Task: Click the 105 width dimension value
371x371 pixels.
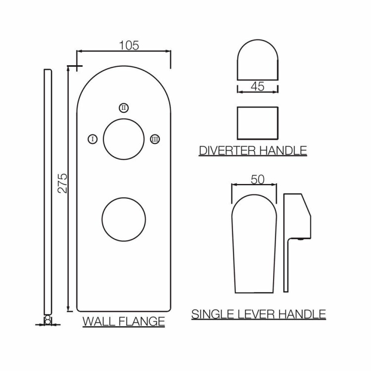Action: [129, 46]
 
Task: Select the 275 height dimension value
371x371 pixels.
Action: [63, 184]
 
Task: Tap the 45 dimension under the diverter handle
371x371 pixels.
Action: [258, 87]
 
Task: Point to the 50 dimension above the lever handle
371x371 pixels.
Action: [257, 180]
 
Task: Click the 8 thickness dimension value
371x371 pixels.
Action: [48, 321]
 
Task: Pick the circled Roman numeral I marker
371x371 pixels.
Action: [93, 139]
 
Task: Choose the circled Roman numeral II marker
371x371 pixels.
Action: [124, 108]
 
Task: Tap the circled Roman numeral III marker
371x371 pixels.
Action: [155, 139]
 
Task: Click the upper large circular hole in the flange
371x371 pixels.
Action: [103, 139]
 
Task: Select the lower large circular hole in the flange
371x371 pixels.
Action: [102, 219]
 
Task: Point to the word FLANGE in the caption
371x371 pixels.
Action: [141, 322]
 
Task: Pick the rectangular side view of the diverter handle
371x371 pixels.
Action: [237, 123]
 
